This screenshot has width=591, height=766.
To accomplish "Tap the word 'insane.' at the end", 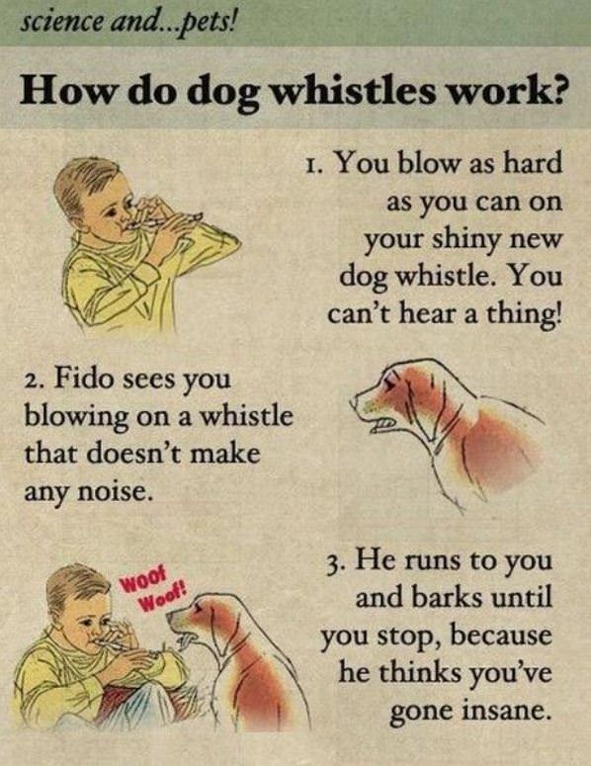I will (497, 710).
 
